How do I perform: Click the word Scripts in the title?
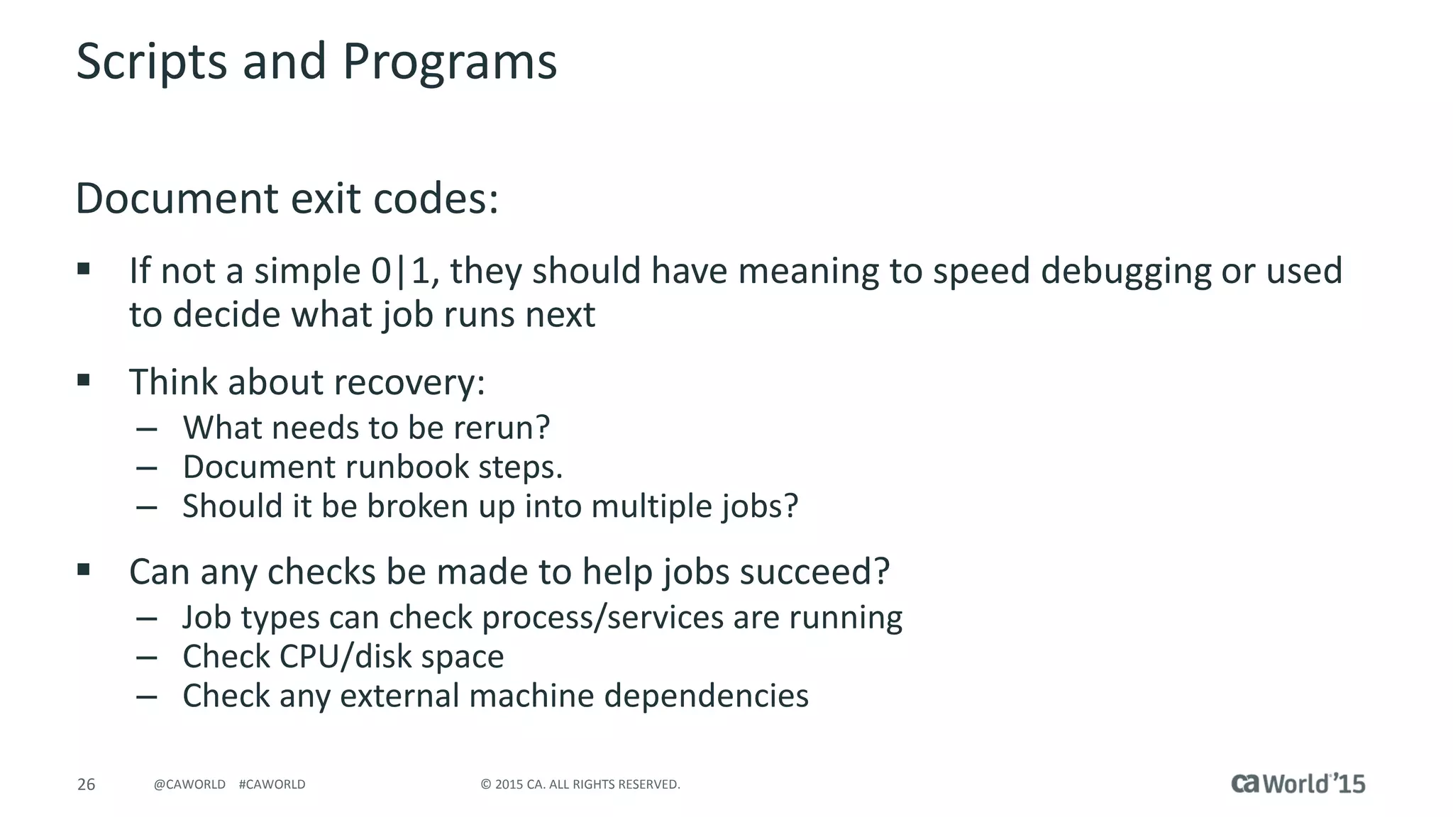(151, 62)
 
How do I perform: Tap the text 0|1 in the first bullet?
(400, 271)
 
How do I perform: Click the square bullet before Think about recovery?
(84, 380)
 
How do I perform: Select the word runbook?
(407, 467)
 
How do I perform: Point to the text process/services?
(603, 618)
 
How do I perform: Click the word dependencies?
(706, 696)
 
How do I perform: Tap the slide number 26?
(86, 784)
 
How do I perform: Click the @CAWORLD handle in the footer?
(189, 784)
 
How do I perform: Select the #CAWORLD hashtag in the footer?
(272, 784)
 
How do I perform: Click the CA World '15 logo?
(1298, 783)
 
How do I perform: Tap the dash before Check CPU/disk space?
(147, 657)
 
